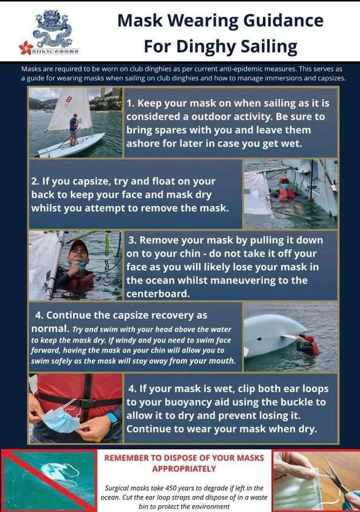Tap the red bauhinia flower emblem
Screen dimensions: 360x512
click(x=26, y=48)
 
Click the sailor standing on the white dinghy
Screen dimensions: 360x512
click(x=74, y=129)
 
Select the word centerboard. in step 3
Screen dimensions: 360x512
click(x=158, y=294)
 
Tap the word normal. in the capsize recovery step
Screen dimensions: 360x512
click(x=50, y=329)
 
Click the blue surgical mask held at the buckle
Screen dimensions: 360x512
click(x=61, y=419)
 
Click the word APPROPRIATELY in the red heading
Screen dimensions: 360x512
click(x=184, y=469)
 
